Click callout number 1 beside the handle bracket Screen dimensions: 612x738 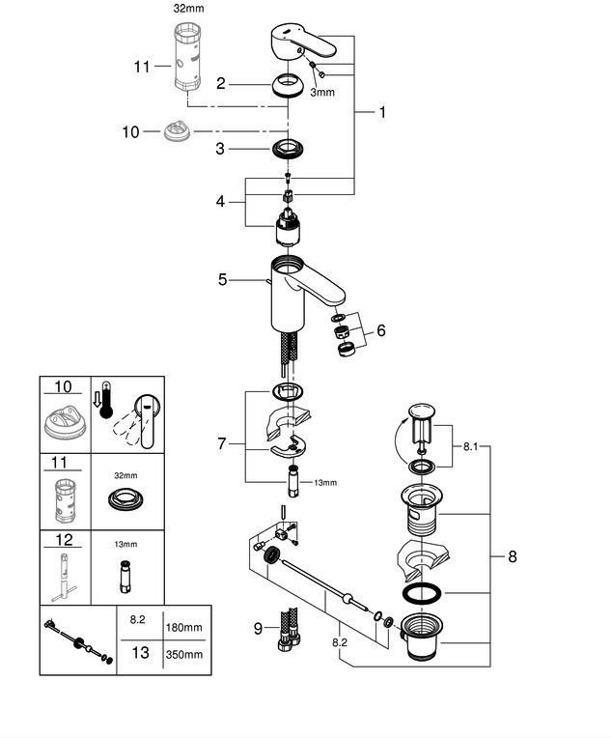[382, 112]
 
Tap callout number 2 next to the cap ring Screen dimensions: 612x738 [221, 84]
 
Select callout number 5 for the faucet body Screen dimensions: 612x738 [223, 279]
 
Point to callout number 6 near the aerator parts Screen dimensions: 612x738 [380, 330]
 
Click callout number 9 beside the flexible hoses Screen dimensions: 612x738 [258, 628]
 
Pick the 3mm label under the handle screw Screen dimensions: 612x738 [322, 93]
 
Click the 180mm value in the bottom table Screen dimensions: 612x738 [183, 627]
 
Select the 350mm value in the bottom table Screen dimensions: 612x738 [184, 654]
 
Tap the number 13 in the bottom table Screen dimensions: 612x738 [140, 652]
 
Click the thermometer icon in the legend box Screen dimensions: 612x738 [106, 400]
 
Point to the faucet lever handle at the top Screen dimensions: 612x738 [303, 43]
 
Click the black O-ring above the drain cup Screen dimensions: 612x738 [422, 593]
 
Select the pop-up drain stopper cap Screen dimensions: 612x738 [422, 410]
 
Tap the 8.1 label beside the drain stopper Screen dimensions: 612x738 [470, 446]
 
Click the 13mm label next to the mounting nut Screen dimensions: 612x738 [325, 482]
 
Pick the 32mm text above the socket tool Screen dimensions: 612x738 [188, 9]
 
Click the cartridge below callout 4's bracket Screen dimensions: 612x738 [288, 227]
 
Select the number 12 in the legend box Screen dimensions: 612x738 [64, 540]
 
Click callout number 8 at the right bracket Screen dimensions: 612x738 [513, 556]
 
